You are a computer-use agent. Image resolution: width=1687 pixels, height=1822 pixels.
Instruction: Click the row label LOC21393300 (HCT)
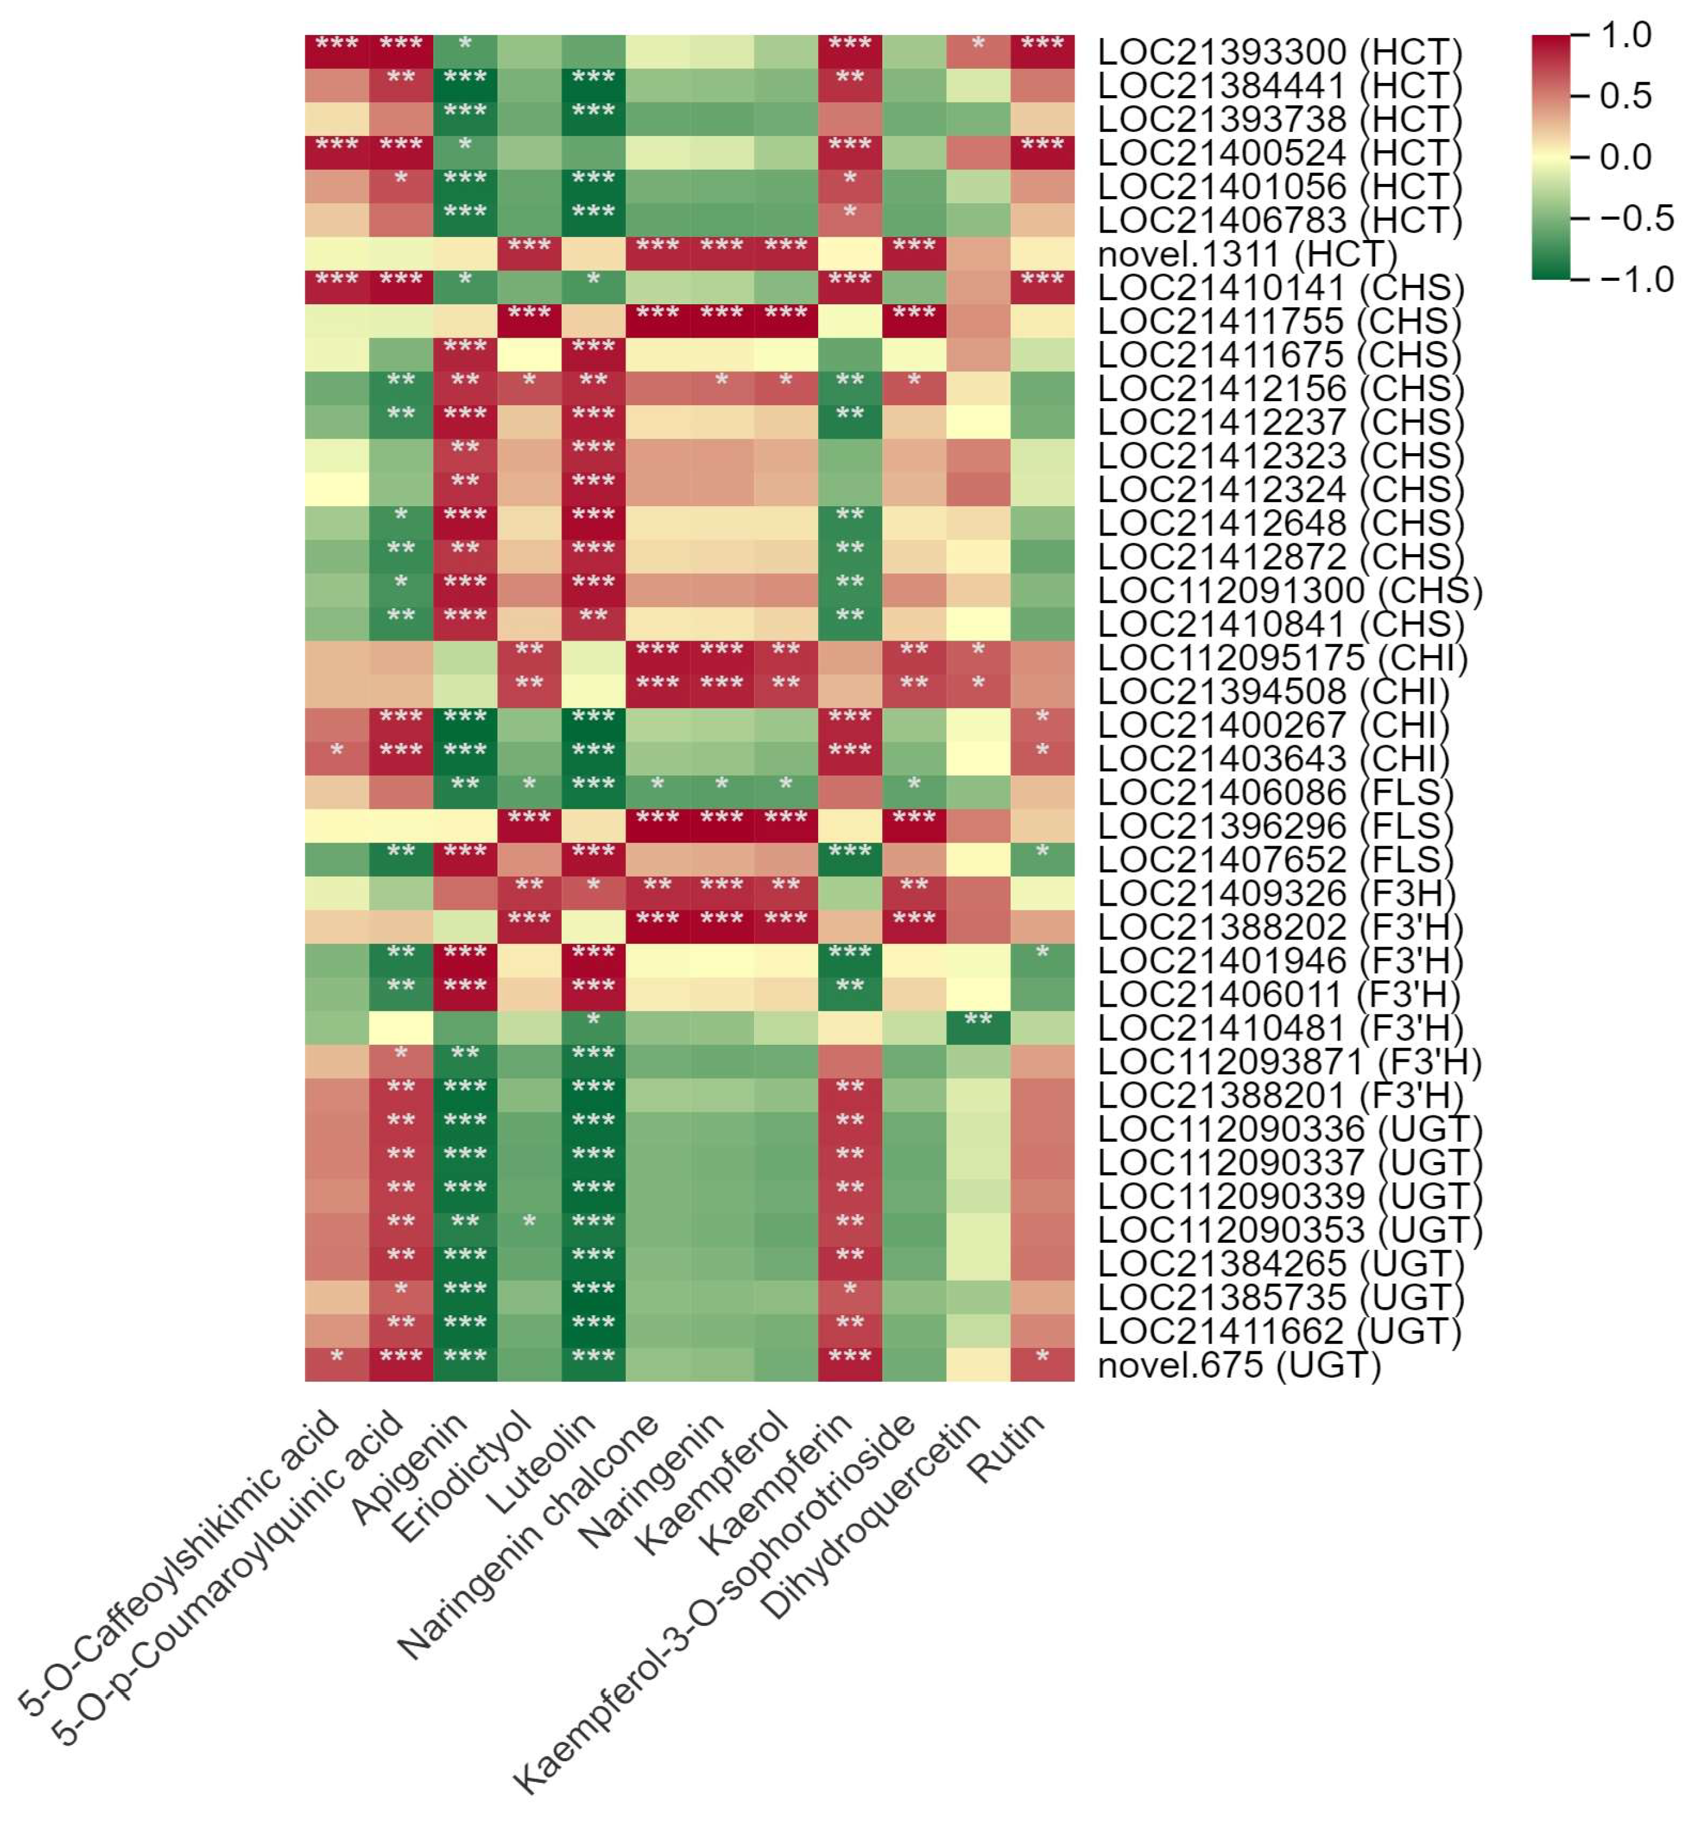point(1279,52)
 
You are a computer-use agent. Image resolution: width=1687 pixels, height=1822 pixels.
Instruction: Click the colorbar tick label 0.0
point(1626,157)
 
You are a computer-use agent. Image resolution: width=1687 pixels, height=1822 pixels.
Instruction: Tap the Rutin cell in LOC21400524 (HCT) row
point(1042,152)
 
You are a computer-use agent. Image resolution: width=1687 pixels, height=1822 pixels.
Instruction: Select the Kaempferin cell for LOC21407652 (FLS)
point(850,859)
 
